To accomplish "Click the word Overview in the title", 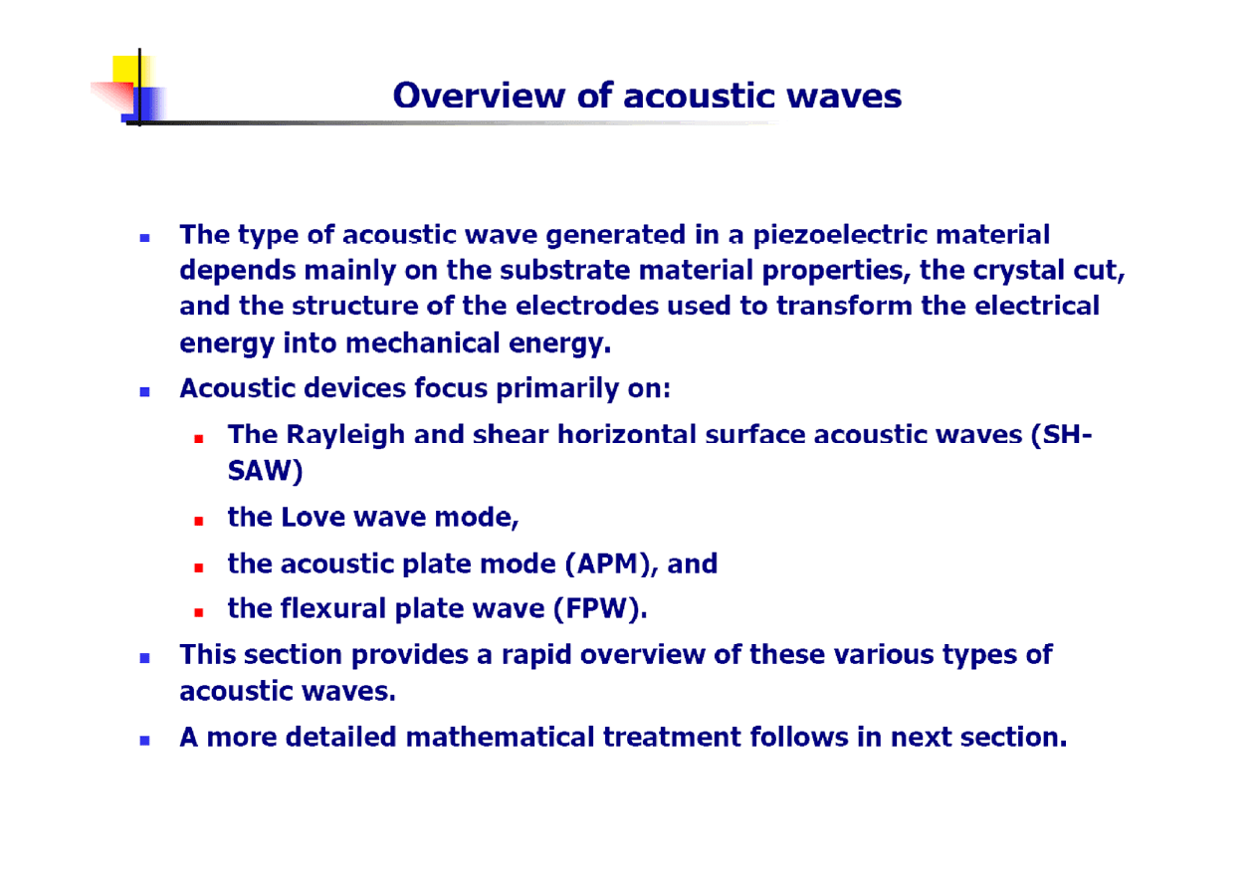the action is pos(480,96).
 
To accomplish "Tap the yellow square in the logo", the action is pos(132,70).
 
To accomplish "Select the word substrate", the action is pos(565,271).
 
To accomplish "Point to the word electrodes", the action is pos(587,307).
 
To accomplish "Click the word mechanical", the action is pos(423,343).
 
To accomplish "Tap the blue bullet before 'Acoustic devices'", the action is pos(144,392).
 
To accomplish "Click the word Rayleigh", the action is pos(345,435).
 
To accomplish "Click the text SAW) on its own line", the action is pos(266,471).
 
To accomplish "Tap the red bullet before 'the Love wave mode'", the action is pos(198,522).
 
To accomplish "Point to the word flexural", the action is pos(333,609).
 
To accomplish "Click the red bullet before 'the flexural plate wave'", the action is pos(198,613).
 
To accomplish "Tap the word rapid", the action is pos(536,655).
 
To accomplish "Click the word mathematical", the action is pos(500,738).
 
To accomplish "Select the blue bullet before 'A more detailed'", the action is pos(144,741).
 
